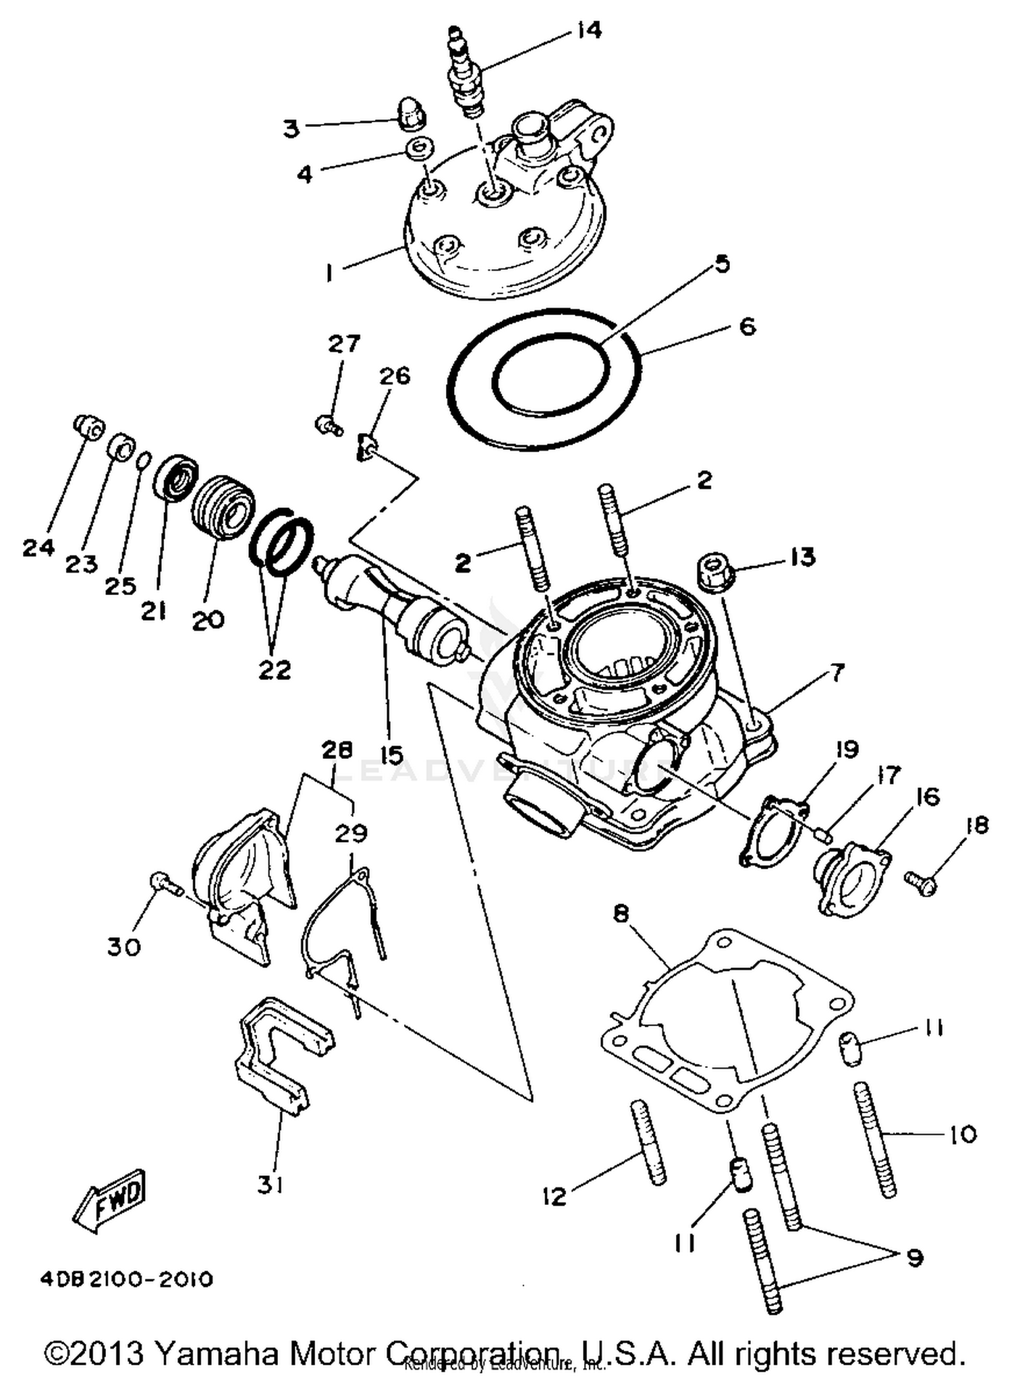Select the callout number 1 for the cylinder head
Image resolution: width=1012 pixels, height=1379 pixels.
[329, 273]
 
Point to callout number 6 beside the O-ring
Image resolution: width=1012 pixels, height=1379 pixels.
[748, 327]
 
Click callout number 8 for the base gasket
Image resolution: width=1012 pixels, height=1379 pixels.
[621, 915]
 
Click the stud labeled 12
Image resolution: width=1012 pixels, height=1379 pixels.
[648, 1140]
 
